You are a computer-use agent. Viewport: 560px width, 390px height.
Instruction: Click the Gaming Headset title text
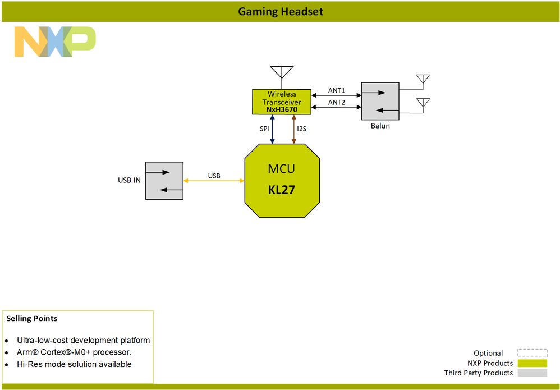click(281, 11)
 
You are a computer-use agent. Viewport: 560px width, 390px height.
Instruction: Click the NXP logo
click(54, 42)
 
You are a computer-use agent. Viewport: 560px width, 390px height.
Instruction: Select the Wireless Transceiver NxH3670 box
click(282, 102)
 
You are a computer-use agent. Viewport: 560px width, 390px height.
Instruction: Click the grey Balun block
click(380, 101)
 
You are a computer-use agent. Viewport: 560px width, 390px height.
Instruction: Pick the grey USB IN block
click(164, 180)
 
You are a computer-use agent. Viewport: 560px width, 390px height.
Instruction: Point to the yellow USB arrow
click(214, 181)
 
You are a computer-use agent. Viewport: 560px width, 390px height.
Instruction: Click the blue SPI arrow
click(272, 129)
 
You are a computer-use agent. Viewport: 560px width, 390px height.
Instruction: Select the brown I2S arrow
click(293, 129)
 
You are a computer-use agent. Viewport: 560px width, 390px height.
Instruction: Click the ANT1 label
click(337, 91)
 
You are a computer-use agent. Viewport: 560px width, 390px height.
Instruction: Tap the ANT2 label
click(337, 102)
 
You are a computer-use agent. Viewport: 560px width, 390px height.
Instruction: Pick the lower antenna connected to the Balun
click(423, 104)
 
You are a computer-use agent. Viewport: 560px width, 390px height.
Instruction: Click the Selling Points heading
click(32, 319)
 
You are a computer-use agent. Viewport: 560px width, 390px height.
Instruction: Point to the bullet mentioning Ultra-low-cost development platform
click(83, 341)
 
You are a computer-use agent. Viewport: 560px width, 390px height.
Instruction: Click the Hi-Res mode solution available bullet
click(74, 364)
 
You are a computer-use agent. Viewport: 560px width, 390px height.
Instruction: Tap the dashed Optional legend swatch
click(532, 353)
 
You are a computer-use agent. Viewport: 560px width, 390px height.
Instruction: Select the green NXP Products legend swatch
click(532, 363)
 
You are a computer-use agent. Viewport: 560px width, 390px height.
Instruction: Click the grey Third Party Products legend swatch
click(532, 373)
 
